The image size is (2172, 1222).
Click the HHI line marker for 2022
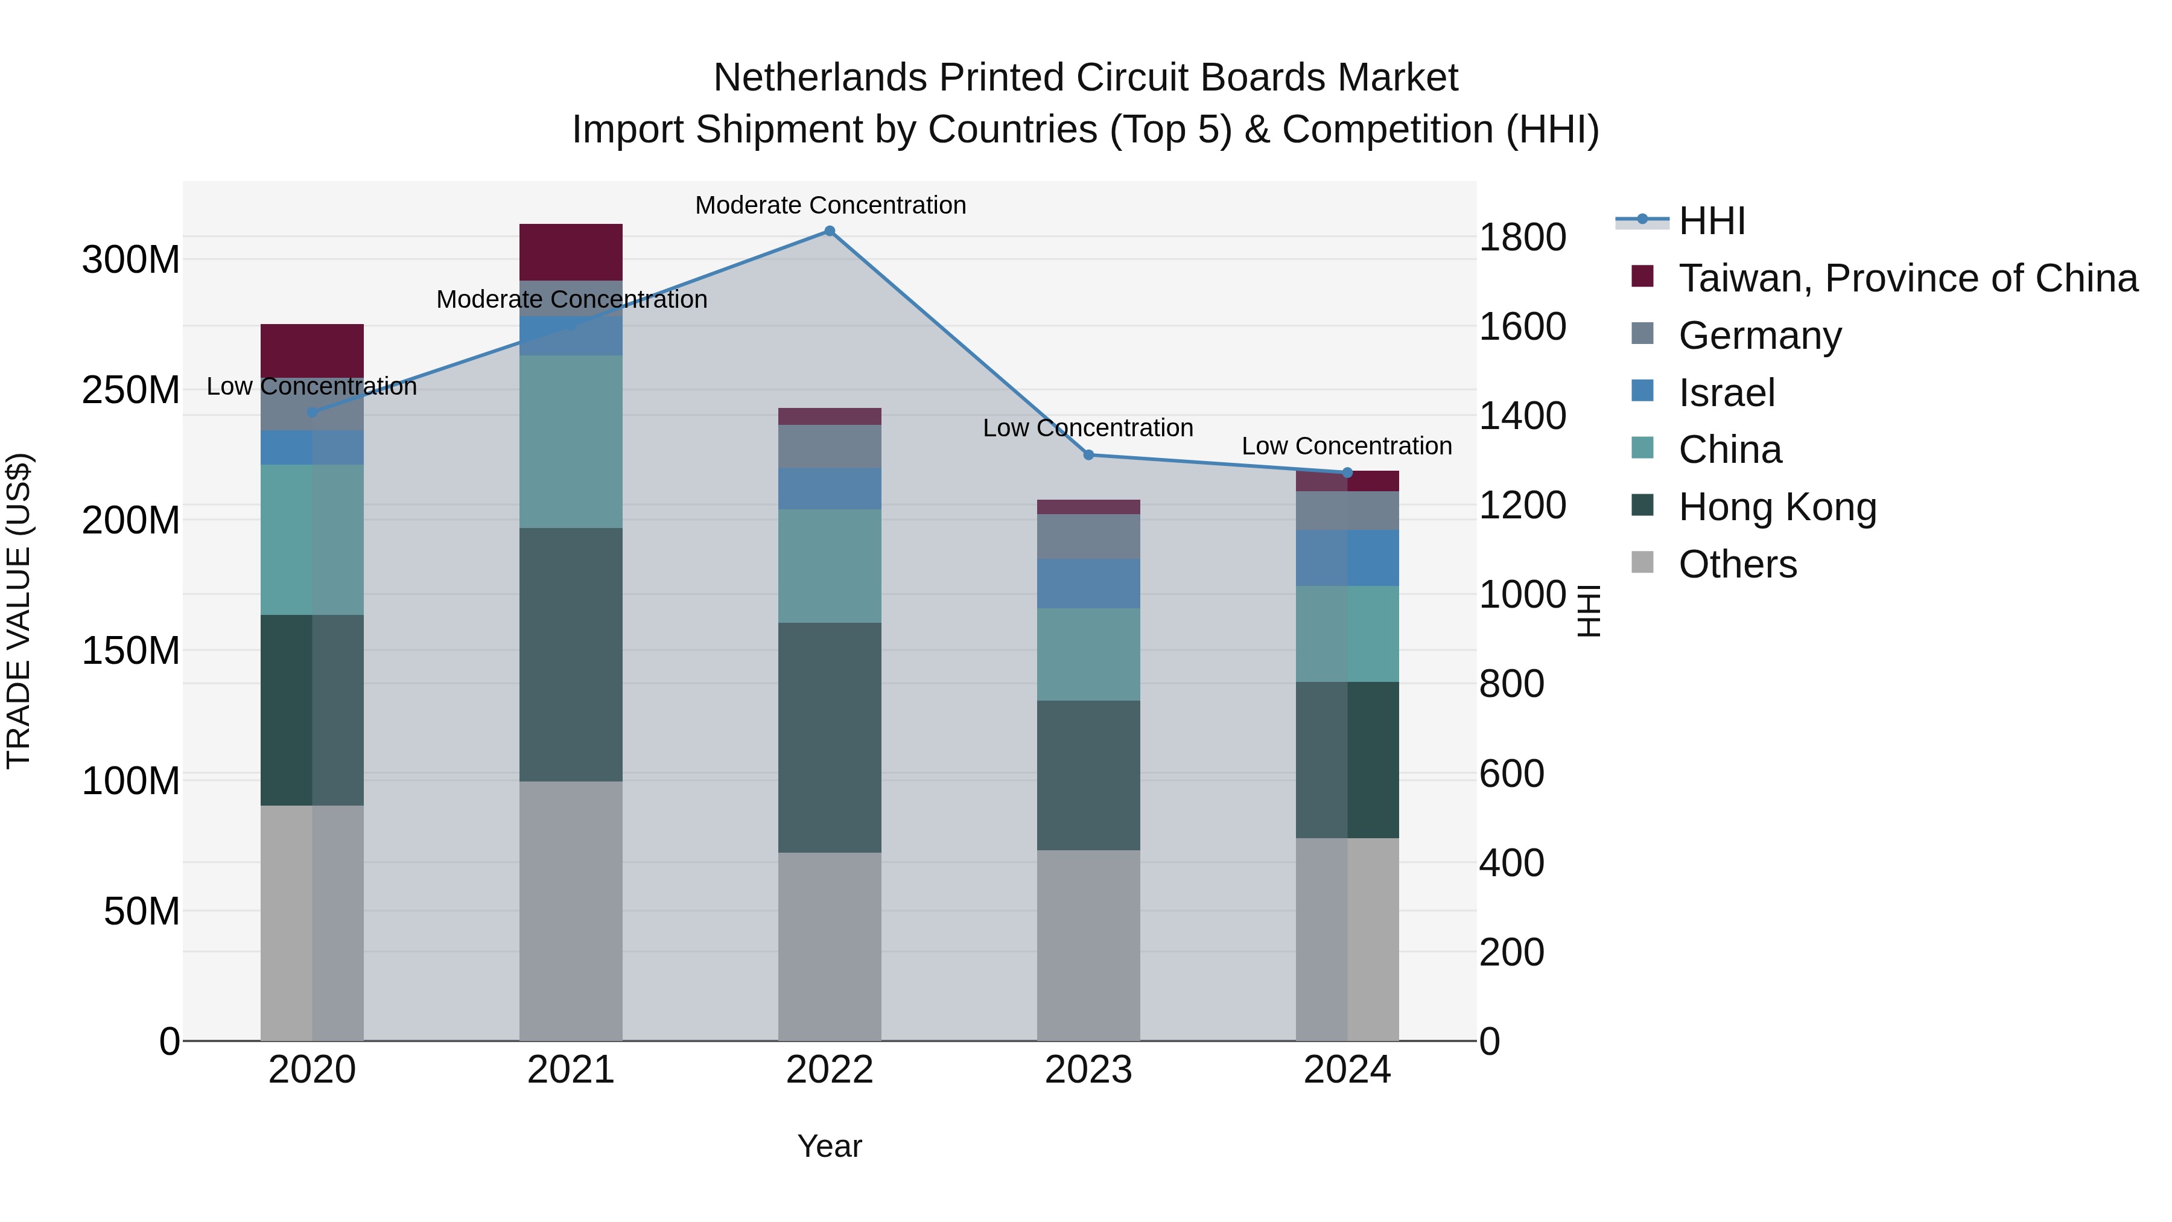pos(830,231)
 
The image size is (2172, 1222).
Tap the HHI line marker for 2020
pos(312,412)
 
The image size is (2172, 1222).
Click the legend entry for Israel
pos(1726,393)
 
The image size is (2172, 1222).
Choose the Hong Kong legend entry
pos(1777,508)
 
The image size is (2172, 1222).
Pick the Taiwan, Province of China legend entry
pos(1907,278)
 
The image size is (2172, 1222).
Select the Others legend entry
pos(1737,564)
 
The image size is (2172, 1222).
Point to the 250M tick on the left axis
pos(131,390)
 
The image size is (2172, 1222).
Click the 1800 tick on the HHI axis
pos(1522,237)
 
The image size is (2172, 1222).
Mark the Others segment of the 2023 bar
pos(1088,944)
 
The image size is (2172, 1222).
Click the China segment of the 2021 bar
pos(571,441)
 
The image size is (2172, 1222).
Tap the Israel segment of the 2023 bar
pos(1088,584)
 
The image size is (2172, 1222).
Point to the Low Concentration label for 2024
pos(1347,446)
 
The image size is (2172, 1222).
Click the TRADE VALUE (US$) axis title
pos(19,611)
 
